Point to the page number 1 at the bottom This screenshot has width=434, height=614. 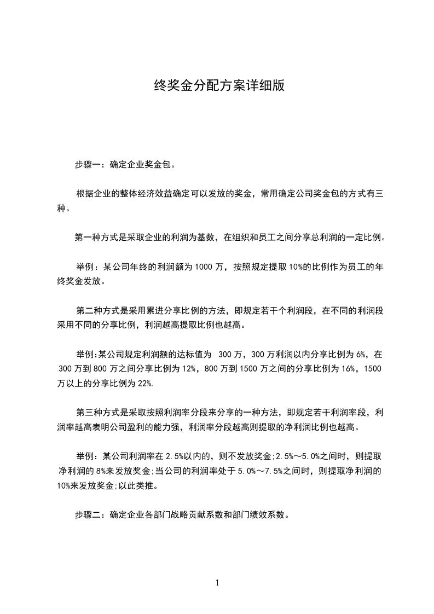tap(217, 583)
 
